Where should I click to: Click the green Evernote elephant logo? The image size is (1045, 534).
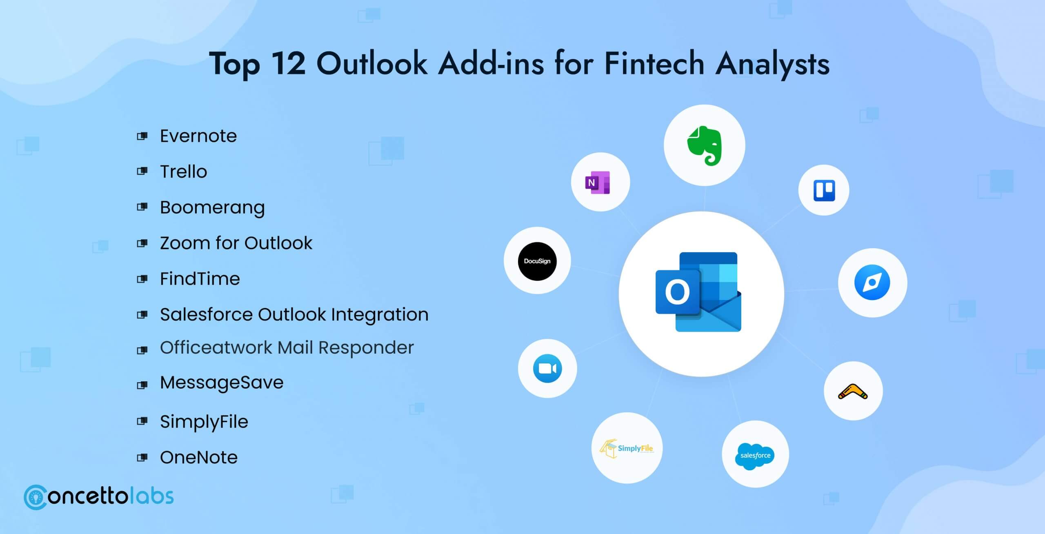tap(704, 146)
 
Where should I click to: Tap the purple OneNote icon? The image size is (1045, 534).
tap(598, 182)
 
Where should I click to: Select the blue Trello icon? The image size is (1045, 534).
tap(824, 190)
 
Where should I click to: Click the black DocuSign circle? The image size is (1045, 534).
tap(537, 261)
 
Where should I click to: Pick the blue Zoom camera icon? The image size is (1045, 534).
tap(547, 369)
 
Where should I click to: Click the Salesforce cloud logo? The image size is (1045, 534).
tap(755, 455)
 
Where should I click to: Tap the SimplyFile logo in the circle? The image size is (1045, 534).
tap(627, 449)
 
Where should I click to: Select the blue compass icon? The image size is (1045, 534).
tap(872, 283)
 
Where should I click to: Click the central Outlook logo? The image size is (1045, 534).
tap(699, 292)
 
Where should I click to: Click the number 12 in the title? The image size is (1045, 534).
tap(288, 64)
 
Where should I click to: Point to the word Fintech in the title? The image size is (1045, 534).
tap(654, 64)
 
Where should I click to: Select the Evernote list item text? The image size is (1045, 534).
tap(198, 136)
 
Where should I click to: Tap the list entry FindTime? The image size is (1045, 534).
tap(200, 279)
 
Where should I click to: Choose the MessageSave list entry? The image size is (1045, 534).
tap(221, 383)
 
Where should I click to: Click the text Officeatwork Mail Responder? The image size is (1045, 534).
tap(287, 348)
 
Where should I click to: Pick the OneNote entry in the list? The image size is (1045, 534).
tap(198, 457)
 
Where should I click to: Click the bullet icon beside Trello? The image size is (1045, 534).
tap(142, 171)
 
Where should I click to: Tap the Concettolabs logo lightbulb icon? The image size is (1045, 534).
tap(36, 497)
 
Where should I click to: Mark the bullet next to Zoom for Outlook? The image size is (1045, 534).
tap(142, 243)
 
